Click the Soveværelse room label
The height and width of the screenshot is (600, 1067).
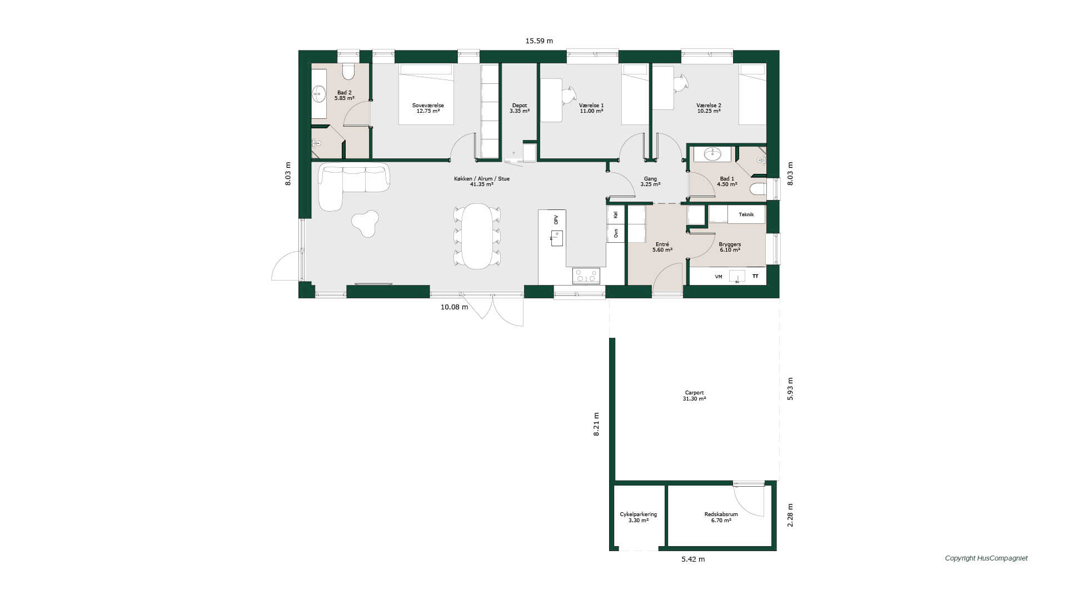[x=427, y=106]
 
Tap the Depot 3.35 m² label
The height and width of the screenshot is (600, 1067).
[x=520, y=108]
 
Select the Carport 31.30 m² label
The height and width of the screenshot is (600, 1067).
[x=694, y=396]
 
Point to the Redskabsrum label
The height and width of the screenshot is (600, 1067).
[x=721, y=514]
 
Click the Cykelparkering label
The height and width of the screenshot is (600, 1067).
[x=639, y=514]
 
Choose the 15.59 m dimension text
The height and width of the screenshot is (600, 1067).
[x=539, y=41]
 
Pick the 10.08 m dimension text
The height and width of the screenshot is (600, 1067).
[x=454, y=307]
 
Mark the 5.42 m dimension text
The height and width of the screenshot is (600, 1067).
[x=693, y=559]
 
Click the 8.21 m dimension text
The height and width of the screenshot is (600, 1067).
[x=596, y=424]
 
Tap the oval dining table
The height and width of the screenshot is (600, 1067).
[x=477, y=236]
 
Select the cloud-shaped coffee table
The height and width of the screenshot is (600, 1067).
[x=366, y=223]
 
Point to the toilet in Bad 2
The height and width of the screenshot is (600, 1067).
[x=348, y=72]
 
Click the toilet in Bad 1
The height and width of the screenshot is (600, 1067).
[x=757, y=189]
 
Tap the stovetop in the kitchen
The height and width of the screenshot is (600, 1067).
[x=586, y=276]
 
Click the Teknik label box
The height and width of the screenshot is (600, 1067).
[x=746, y=214]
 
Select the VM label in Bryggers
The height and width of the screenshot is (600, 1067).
[x=719, y=276]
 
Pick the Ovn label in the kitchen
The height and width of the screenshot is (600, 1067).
[x=616, y=234]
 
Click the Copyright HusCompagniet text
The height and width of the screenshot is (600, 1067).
[x=986, y=558]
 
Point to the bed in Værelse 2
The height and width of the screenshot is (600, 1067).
[x=752, y=94]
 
